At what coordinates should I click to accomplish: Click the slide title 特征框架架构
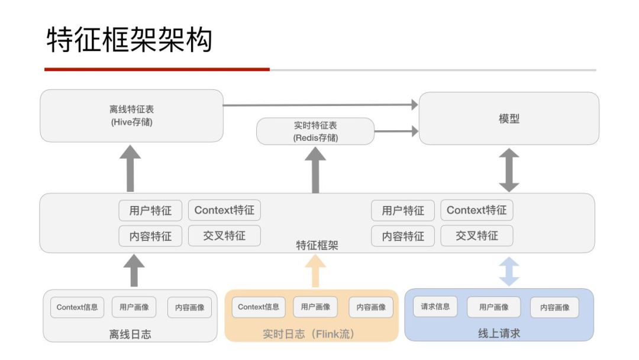[x=129, y=40]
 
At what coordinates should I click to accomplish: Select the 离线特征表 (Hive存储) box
[x=131, y=116]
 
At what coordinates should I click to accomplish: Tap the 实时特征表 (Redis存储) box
[x=315, y=131]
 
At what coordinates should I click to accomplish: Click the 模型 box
[x=509, y=118]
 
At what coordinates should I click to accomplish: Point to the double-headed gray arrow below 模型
[x=509, y=170]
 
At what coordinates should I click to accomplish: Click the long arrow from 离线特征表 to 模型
[x=319, y=105]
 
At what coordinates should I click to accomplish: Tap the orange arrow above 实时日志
[x=315, y=272]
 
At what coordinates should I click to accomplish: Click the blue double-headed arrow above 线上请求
[x=509, y=271]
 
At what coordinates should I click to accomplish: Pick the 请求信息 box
[x=435, y=307]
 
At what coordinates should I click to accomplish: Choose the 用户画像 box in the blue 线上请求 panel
[x=493, y=307]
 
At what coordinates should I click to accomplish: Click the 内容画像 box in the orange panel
[x=371, y=307]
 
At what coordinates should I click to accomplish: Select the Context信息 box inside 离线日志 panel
[x=77, y=307]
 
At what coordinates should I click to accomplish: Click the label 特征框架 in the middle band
[x=317, y=245]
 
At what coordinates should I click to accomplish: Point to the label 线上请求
[x=499, y=333]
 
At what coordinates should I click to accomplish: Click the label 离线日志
[x=130, y=335]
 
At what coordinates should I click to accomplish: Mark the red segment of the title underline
[x=157, y=70]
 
